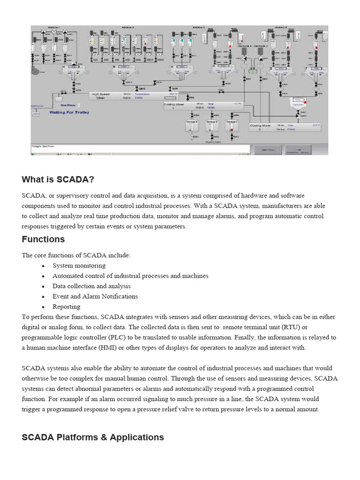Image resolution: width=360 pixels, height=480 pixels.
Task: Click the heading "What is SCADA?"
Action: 58,180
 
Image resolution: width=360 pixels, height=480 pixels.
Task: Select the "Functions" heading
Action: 43,239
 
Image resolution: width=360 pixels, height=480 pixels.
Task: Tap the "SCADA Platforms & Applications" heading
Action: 93,437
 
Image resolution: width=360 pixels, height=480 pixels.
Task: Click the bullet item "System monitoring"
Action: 79,265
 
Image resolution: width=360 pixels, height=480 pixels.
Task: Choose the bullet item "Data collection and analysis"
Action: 91,286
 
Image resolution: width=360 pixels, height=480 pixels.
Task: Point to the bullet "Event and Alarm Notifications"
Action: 95,296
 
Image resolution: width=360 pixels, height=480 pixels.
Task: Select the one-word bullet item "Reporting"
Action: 66,307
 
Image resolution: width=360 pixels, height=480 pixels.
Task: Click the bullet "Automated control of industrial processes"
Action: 130,276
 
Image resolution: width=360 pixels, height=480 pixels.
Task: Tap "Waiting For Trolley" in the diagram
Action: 69,112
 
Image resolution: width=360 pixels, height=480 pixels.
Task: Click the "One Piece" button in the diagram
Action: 67,105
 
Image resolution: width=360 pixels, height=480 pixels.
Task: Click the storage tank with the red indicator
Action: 230,126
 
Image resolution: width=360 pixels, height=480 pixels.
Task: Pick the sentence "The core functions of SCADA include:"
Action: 76,255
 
